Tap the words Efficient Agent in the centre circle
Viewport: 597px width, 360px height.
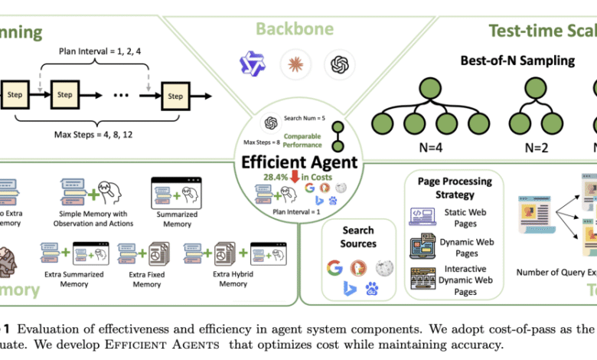pos(298,162)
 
